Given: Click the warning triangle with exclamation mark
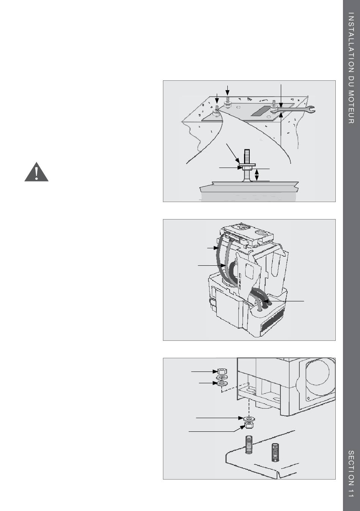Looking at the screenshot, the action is point(36,172).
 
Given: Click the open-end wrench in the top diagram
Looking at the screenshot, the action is point(294,110).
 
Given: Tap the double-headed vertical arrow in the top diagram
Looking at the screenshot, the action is point(257,175).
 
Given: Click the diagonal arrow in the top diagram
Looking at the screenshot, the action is point(233,154).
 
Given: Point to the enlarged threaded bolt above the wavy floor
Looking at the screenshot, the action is point(248,165).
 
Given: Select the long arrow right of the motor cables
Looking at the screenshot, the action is point(283,301).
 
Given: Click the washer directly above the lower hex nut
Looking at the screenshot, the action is point(249,419).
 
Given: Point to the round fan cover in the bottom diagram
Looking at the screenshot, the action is point(319,374).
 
